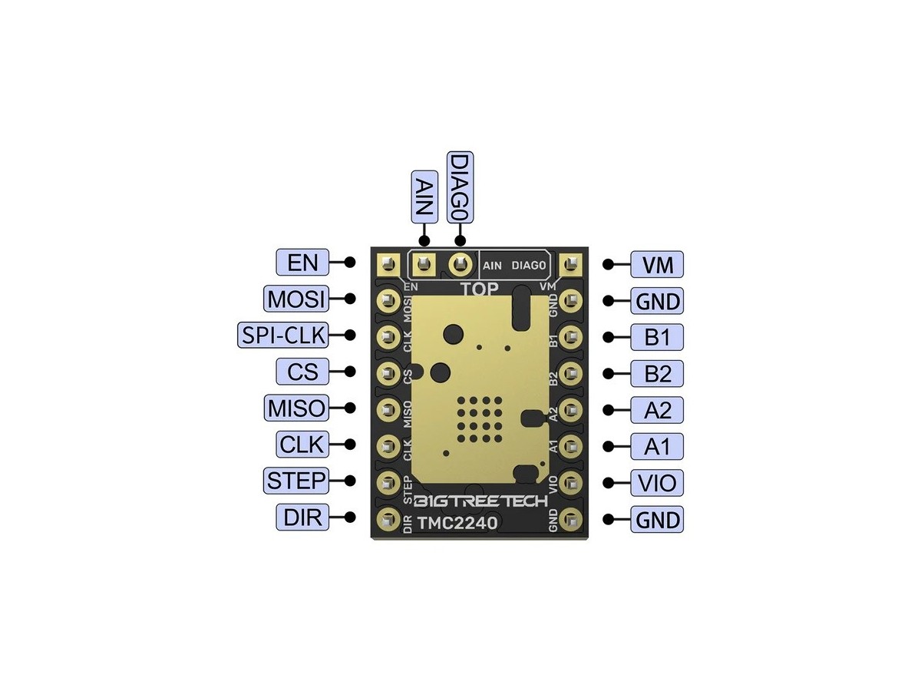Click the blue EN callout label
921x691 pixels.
tap(302, 263)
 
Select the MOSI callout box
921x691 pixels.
tap(295, 299)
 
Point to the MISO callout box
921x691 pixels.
tap(295, 408)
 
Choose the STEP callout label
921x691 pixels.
tap(295, 481)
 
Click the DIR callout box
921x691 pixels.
tap(302, 517)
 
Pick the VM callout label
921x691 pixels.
tap(657, 265)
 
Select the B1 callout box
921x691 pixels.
tap(657, 337)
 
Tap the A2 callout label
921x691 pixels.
tap(657, 410)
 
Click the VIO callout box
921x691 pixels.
tap(657, 484)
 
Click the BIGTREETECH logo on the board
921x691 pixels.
tap(480, 501)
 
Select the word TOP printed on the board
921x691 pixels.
tap(479, 289)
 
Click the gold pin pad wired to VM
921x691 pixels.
tap(569, 265)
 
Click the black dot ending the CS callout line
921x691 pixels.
tap(350, 372)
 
